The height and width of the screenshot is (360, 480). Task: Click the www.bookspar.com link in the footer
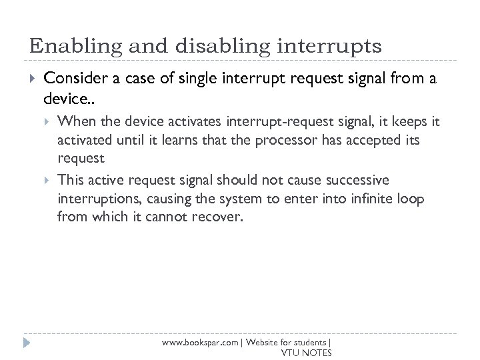click(x=201, y=342)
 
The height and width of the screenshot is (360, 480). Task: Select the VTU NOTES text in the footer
click(x=305, y=353)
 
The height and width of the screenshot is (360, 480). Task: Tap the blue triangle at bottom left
click(x=27, y=343)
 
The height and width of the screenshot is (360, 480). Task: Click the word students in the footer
click(x=309, y=342)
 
